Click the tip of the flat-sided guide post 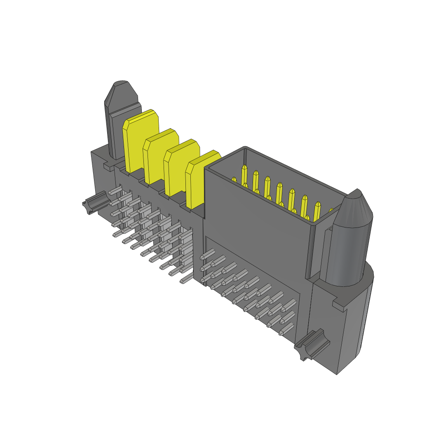[x=121, y=87]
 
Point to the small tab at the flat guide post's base [x=108, y=166]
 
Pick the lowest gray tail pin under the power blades [x=185, y=280]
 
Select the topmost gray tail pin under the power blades [x=116, y=190]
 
